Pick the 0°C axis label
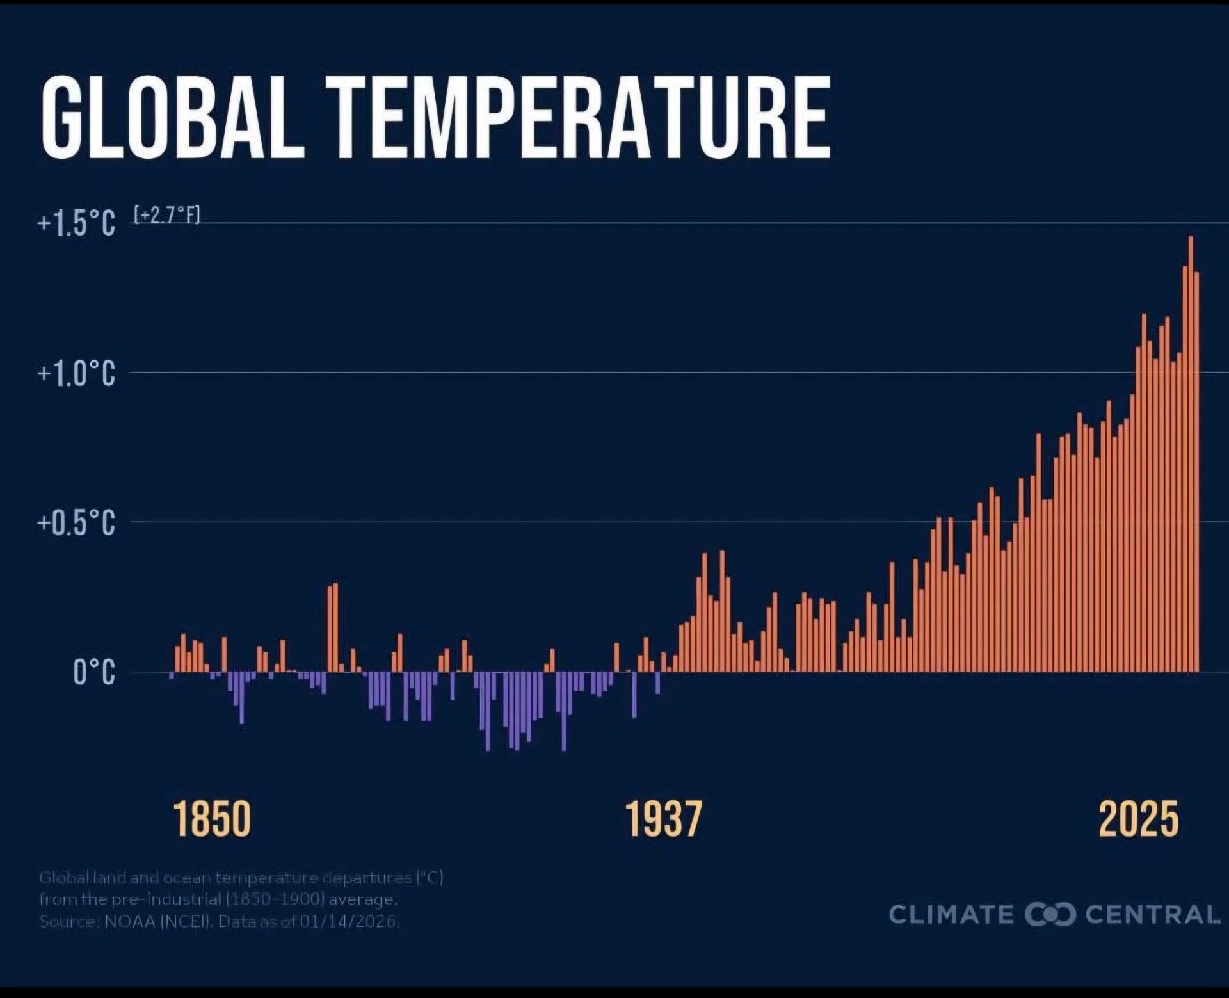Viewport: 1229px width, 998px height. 94,672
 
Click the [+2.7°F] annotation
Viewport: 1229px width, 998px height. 167,215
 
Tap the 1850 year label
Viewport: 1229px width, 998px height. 212,819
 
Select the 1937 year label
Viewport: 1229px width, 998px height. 663,819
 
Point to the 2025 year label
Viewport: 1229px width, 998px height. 1138,819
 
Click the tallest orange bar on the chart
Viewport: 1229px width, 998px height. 1191,455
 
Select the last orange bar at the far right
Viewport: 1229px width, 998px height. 1196,474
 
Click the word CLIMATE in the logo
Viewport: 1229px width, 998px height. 951,914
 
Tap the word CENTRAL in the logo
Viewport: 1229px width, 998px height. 1153,914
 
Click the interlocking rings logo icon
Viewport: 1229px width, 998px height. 1050,914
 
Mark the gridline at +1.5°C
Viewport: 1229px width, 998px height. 704,223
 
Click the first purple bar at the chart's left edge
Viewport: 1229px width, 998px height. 172,675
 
